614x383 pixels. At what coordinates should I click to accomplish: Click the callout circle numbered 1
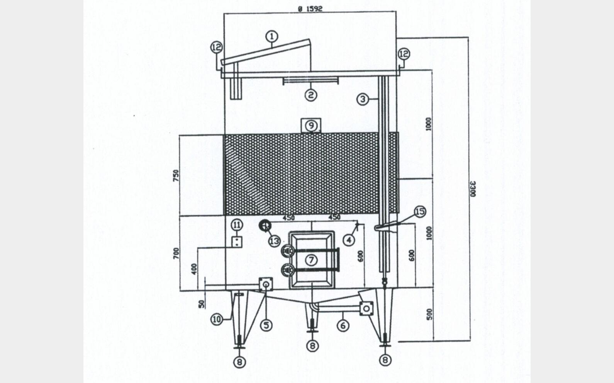(x=271, y=36)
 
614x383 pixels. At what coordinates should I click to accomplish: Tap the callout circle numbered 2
(x=311, y=95)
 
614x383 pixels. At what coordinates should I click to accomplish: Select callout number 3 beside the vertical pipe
(x=363, y=99)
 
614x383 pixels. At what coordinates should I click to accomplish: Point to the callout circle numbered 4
(x=349, y=240)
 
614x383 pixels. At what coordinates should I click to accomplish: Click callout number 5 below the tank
(x=266, y=325)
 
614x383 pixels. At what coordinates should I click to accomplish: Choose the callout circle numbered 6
(x=343, y=326)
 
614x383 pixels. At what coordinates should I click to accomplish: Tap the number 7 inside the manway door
(x=311, y=260)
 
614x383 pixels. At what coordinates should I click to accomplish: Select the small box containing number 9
(x=311, y=125)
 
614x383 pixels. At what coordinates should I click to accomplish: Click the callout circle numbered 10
(x=217, y=319)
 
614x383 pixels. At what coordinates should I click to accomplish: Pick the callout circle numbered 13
(x=274, y=241)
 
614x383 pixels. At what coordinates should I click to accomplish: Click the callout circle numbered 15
(x=420, y=211)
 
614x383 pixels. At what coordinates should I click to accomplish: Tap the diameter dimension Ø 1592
(x=310, y=9)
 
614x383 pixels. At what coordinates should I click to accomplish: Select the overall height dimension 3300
(x=473, y=189)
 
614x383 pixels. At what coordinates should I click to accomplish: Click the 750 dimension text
(x=176, y=175)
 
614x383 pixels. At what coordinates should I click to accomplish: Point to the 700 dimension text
(x=176, y=253)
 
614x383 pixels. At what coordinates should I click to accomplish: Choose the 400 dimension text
(x=194, y=269)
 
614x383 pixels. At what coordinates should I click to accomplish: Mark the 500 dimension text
(x=429, y=314)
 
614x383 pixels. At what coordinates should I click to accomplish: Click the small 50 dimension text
(x=202, y=304)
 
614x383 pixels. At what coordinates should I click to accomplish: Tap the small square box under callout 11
(x=237, y=242)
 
